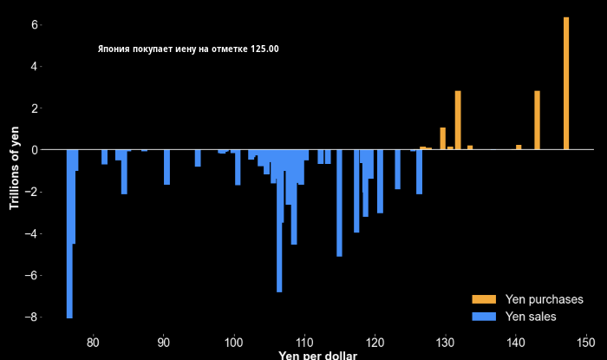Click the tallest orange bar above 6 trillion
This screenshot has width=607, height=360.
point(566,83)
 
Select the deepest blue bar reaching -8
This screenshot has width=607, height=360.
point(69,234)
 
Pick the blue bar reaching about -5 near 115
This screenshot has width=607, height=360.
point(339,203)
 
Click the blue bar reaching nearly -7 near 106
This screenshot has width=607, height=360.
point(279,220)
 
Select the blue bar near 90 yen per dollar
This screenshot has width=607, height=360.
point(166,167)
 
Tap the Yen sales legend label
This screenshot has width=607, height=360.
point(531,317)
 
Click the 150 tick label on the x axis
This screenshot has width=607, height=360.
point(586,341)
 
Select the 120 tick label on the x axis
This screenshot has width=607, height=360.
point(375,341)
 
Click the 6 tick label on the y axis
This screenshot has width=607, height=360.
point(35,24)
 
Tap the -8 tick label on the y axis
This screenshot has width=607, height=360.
point(31,317)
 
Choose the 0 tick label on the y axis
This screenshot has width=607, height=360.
point(35,150)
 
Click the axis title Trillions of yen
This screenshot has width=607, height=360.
point(14,167)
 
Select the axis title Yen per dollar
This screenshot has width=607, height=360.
point(317,355)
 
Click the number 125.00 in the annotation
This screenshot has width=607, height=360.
point(264,49)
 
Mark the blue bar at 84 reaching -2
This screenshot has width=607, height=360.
point(124,171)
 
